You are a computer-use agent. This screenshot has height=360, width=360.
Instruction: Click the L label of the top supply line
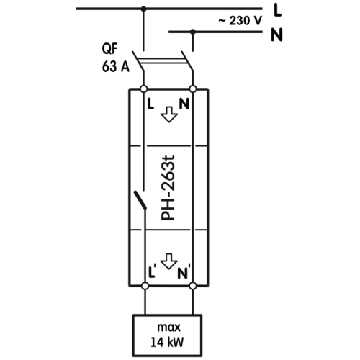tap(277, 11)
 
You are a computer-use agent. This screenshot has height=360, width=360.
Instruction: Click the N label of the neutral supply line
tap(276, 35)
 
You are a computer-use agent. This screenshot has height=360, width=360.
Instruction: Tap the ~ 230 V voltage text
tap(240, 21)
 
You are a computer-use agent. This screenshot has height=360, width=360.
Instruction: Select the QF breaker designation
tap(109, 49)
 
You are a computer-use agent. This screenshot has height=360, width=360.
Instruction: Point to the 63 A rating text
tap(116, 66)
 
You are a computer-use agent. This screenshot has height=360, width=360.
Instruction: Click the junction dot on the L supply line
tap(143, 9)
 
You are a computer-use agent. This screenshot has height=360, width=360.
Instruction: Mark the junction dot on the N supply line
tap(192, 32)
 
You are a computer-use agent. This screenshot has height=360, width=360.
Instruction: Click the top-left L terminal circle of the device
tap(143, 89)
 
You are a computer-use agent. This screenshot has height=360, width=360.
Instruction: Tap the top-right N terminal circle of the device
tap(193, 89)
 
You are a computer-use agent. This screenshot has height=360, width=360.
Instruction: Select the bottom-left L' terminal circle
tap(145, 286)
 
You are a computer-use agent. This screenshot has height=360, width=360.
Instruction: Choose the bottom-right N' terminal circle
tap(192, 286)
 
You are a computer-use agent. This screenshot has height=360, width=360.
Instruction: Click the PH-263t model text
tap(168, 188)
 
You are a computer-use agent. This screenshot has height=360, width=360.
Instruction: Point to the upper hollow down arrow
tap(169, 114)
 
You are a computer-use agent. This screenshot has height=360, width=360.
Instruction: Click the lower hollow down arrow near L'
tap(169, 261)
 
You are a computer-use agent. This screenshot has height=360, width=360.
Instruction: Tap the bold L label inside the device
tap(150, 104)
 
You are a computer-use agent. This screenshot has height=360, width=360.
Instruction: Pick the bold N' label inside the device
tap(184, 271)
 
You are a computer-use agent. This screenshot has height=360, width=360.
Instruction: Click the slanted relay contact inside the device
tap(140, 200)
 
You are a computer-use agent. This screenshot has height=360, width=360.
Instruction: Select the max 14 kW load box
tap(167, 336)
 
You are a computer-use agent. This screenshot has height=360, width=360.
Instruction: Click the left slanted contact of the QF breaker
tap(138, 60)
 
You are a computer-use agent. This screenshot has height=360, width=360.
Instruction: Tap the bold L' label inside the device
tap(152, 271)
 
